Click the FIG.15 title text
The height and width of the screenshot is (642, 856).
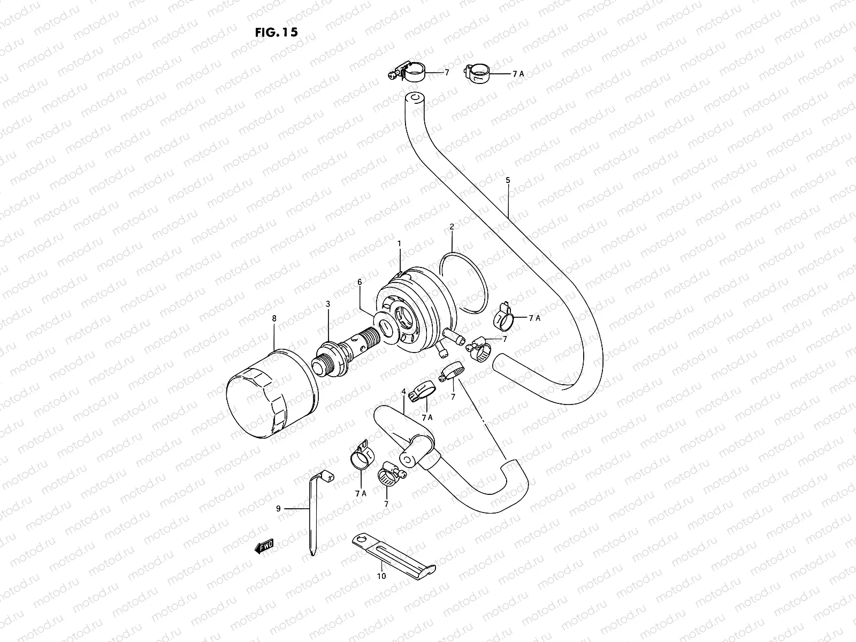pos(276,32)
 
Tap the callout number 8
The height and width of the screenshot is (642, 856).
pos(274,318)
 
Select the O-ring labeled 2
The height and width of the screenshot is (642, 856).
pos(463,282)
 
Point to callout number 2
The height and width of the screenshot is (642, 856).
pos(452,227)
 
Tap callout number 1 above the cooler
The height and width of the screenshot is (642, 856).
pos(399,243)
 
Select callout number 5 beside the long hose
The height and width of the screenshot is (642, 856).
pos(508,180)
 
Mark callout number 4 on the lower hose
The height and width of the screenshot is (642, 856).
pos(403,392)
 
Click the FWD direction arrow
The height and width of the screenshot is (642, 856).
pos(265,545)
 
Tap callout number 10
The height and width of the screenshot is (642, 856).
pos(381,576)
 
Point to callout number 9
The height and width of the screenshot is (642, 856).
pos(278,509)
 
